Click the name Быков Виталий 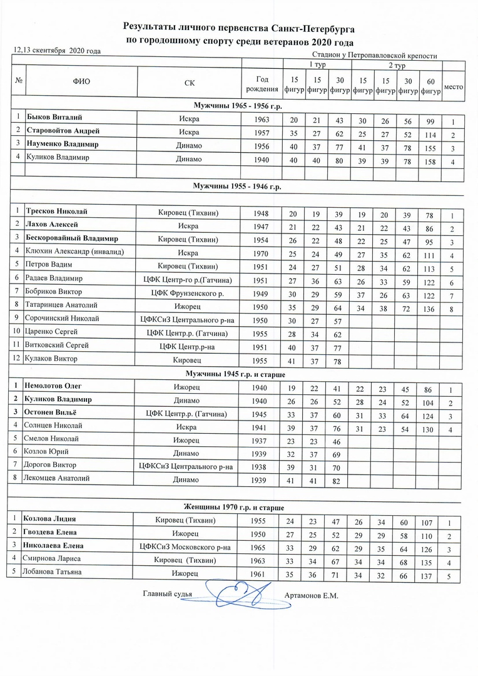[55, 118]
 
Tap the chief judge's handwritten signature [240, 590]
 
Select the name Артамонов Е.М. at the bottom [310, 595]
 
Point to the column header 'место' [453, 86]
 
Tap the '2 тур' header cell [394, 65]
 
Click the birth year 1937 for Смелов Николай [262, 439]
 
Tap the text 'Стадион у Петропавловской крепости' [374, 56]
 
